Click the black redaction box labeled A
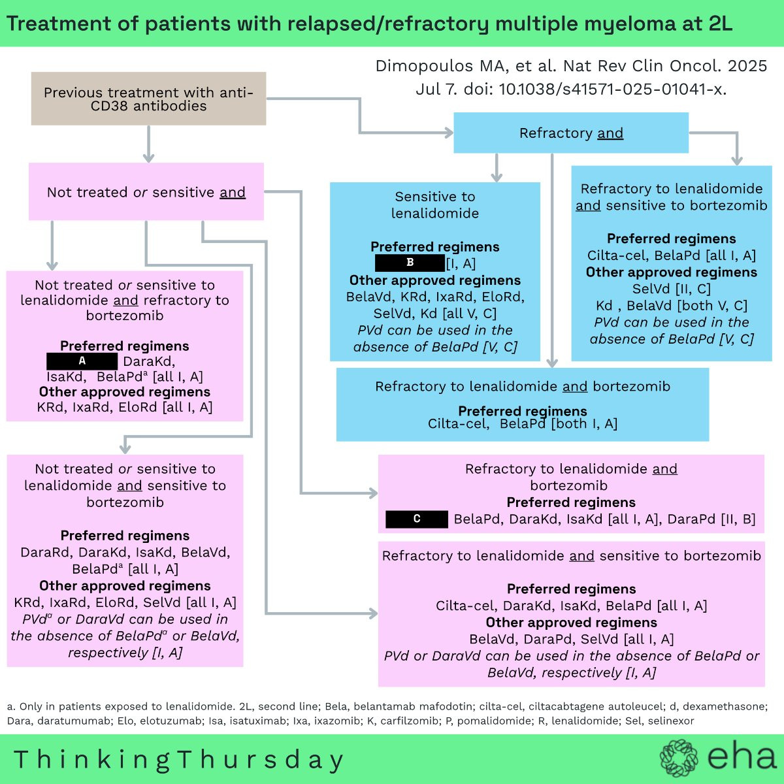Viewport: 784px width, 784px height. coord(82,361)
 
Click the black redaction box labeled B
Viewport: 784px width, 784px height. coord(410,263)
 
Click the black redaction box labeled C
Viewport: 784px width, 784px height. coord(417,519)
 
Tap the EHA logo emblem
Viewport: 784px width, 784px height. coord(679,758)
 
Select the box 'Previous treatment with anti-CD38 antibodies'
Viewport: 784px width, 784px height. coord(148,99)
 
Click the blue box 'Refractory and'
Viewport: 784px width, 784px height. coord(571,133)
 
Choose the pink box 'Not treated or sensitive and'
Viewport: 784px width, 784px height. coord(146,191)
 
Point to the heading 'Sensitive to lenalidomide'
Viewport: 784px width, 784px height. coord(435,204)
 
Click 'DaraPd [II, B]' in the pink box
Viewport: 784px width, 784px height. coord(711,519)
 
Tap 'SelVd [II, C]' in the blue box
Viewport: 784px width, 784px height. coord(672,289)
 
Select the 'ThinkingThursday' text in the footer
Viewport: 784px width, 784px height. coord(179,760)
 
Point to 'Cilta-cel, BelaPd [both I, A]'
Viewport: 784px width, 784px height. coord(523,423)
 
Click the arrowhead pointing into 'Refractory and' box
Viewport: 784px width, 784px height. coord(449,133)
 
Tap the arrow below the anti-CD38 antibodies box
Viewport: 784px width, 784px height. coord(148,144)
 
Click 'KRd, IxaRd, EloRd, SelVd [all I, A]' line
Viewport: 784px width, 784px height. coord(125,602)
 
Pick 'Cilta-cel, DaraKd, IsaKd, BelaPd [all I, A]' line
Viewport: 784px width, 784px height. coord(571,606)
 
